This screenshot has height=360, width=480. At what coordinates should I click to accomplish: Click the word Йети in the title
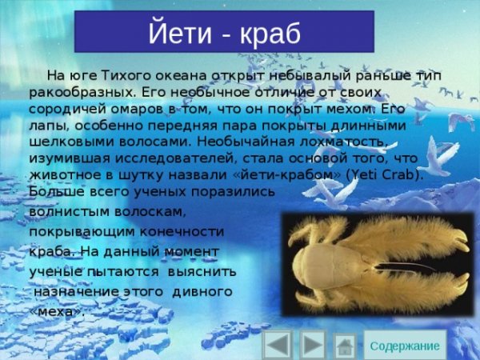coord(177,34)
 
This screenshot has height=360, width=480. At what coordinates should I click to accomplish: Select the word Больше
coord(54,191)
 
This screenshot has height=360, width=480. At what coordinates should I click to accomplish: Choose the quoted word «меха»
coord(56,312)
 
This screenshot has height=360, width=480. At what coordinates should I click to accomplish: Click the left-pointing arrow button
coord(277,345)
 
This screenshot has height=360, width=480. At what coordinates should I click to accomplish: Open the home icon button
coord(345,346)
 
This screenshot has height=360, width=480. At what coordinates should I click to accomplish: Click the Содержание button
coord(405,345)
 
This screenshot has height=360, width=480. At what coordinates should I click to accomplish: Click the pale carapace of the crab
coord(320,263)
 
